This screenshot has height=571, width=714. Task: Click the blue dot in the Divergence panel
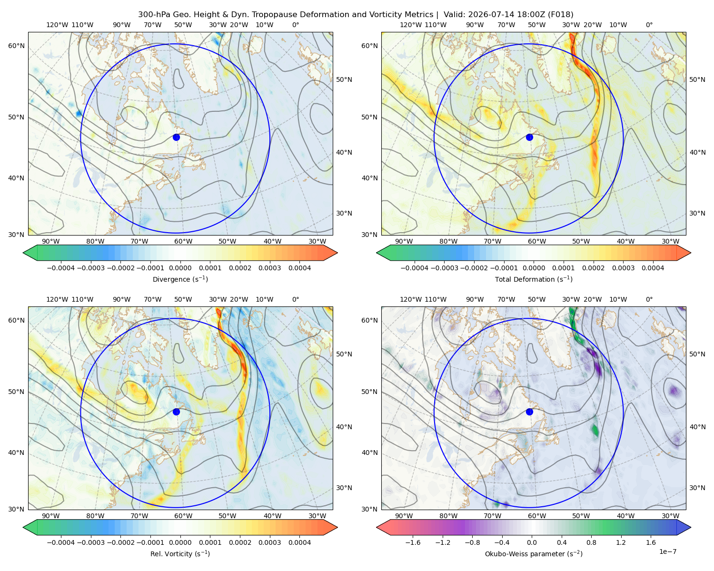coord(176,138)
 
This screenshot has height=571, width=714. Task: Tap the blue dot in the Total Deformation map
coord(529,138)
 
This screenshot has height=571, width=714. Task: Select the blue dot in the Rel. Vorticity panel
coord(176,412)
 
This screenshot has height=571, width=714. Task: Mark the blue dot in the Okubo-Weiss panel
coord(529,412)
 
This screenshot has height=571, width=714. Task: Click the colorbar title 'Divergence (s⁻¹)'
coord(180,279)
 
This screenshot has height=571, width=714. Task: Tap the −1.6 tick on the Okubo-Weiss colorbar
coord(413,542)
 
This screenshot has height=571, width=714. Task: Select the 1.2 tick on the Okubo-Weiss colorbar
coord(621,542)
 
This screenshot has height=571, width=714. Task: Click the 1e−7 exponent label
coord(667,551)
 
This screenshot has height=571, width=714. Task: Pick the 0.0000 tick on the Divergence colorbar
coord(180,268)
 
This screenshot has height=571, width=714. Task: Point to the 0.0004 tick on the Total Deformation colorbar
coord(653,268)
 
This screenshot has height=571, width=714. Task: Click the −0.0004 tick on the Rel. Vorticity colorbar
coord(61,542)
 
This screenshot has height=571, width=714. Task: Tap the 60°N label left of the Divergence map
coord(16,46)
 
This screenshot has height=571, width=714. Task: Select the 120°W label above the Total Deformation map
coord(411,25)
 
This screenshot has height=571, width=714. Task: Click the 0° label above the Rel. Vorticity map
coord(296,299)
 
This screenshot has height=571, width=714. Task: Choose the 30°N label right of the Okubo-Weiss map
coord(697,488)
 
